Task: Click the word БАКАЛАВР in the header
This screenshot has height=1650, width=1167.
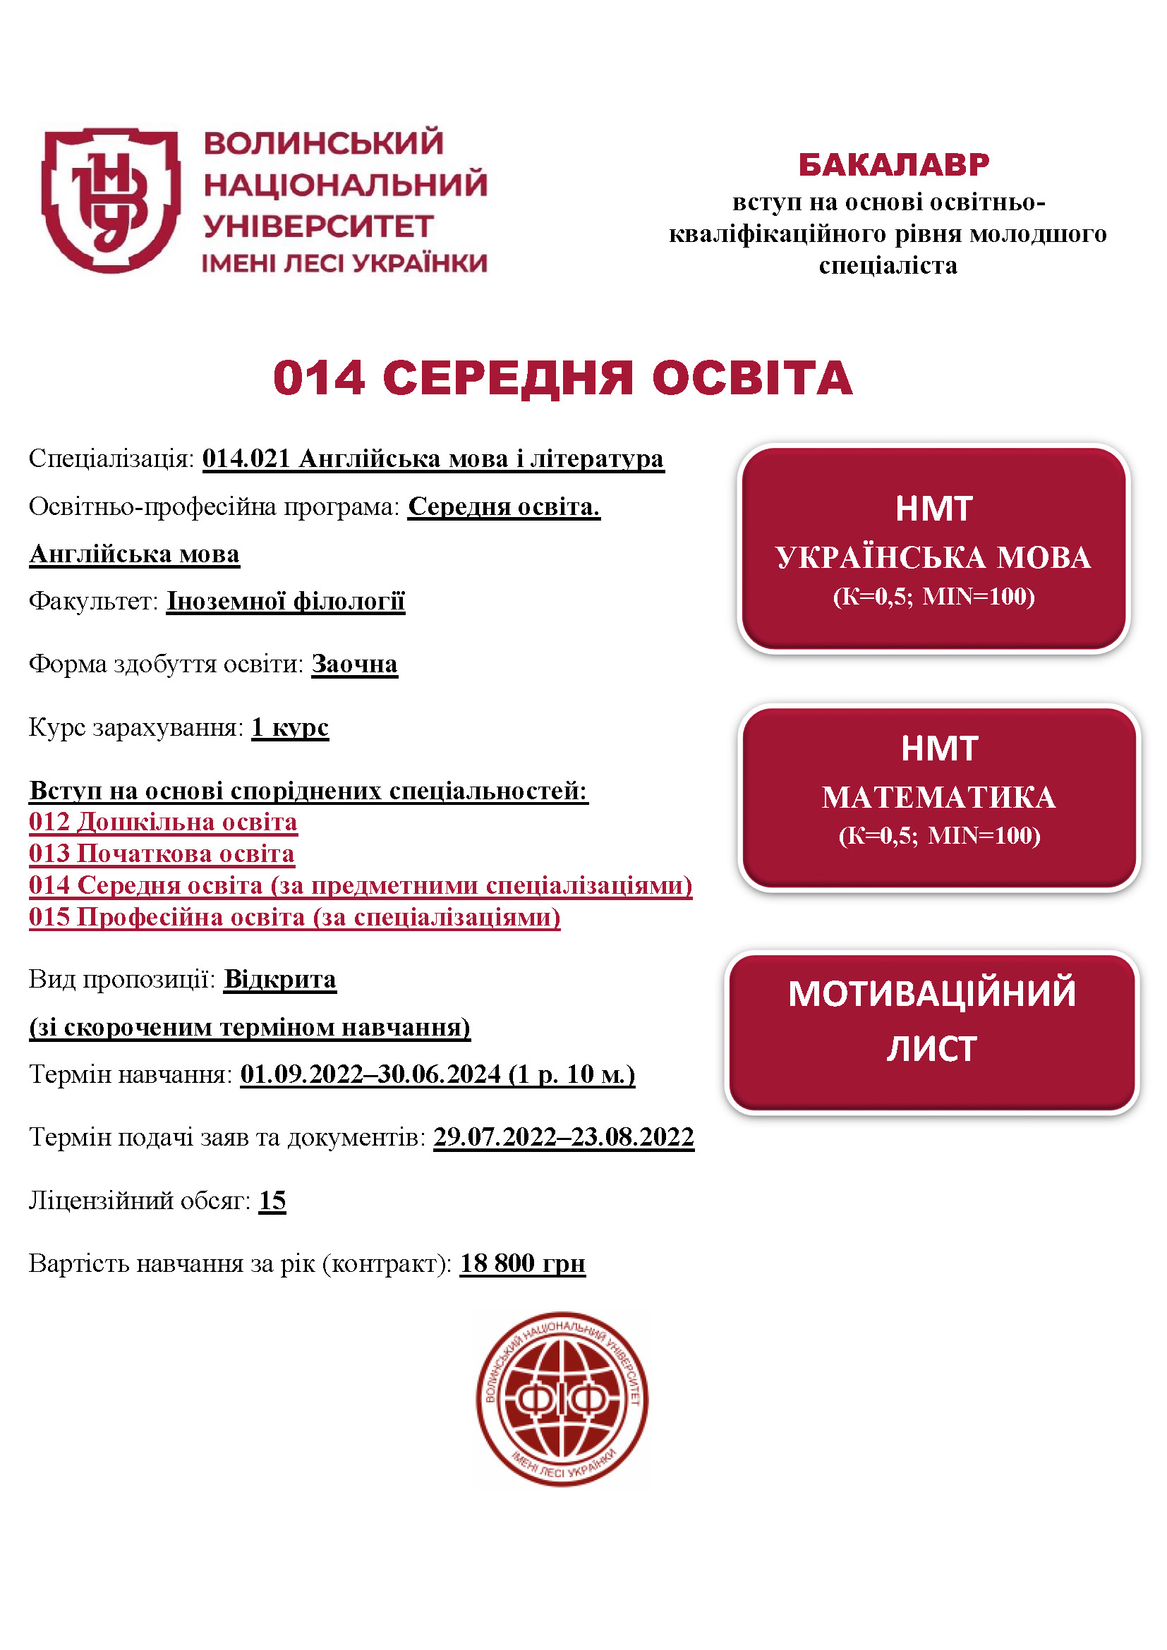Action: pos(893,164)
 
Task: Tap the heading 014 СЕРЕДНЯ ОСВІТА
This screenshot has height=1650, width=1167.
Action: pos(562,377)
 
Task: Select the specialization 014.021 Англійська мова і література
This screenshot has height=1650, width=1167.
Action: pos(433,459)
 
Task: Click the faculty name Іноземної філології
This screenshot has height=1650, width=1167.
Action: pos(286,601)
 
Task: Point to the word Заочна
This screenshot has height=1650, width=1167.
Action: pos(354,664)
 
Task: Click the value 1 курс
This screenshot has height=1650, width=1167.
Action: pos(289,727)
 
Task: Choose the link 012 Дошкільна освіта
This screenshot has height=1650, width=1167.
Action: pos(163,821)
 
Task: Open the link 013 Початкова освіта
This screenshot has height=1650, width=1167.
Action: pos(162,853)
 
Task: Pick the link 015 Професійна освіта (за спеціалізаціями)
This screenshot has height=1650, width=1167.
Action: pos(295,917)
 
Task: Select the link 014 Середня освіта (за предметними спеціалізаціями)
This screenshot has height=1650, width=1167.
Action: pos(361,885)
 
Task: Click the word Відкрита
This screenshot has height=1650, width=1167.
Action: pos(279,979)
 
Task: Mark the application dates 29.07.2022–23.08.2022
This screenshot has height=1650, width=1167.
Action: pos(563,1137)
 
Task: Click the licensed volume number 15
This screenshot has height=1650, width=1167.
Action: pos(272,1200)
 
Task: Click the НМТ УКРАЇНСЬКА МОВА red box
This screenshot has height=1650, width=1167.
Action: pos(933,548)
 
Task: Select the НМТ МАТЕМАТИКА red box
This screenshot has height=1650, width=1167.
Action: pos(938,797)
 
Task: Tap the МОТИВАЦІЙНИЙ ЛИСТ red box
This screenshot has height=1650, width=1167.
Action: pos(932,1032)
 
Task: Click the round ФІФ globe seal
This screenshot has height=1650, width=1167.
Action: pos(562,1398)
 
